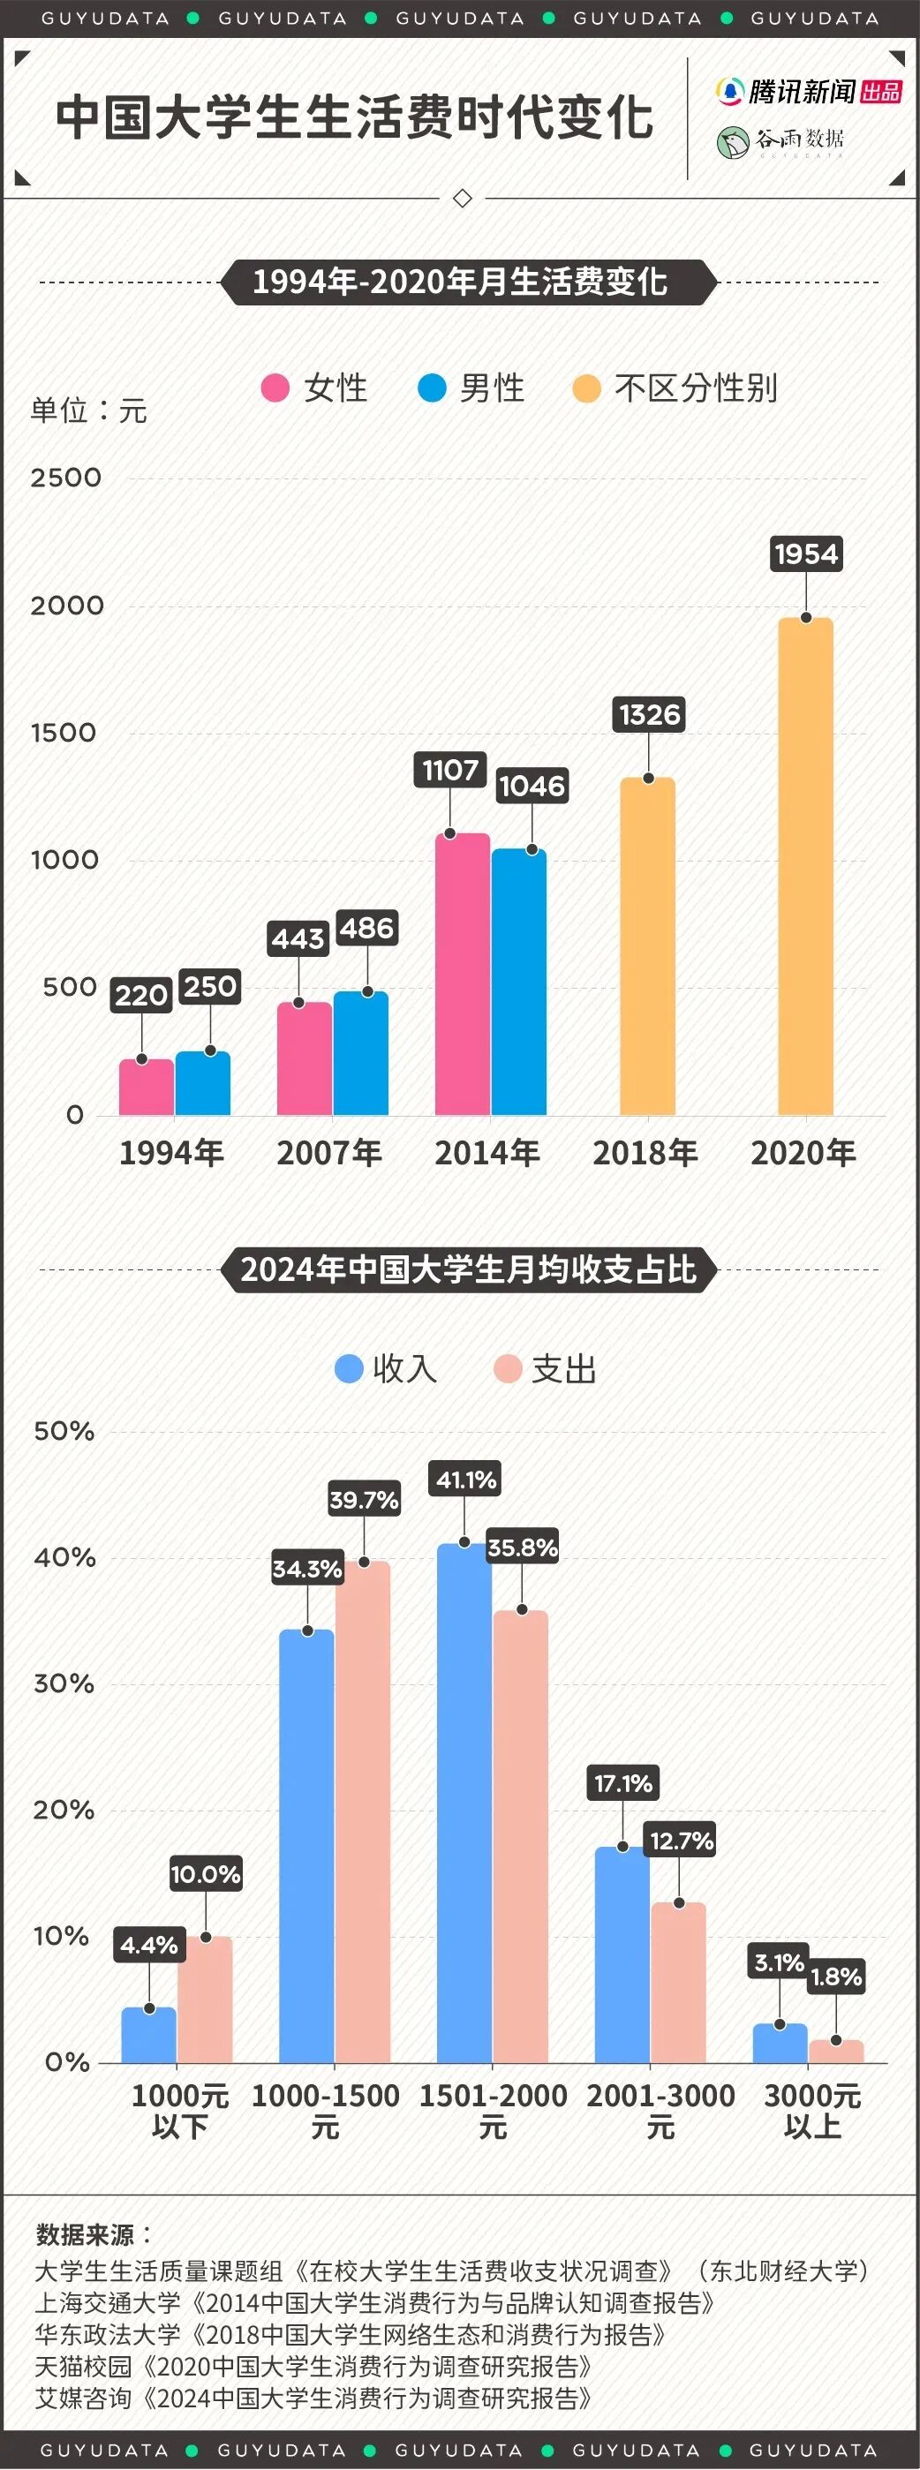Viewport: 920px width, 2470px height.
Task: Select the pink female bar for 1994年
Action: [x=146, y=1088]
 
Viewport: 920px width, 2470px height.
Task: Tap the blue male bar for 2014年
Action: [x=519, y=982]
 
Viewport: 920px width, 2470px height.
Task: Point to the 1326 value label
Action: [x=650, y=714]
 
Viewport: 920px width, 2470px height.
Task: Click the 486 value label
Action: [x=366, y=928]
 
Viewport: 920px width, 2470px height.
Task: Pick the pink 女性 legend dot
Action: [x=275, y=388]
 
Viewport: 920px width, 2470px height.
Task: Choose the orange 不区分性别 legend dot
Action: [x=585, y=388]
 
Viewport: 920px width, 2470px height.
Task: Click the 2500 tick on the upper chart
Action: [x=65, y=478]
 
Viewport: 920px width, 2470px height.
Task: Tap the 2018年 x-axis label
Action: [x=645, y=1153]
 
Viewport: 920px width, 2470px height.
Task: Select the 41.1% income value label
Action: [x=466, y=1480]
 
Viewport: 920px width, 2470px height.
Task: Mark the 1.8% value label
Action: [x=835, y=1977]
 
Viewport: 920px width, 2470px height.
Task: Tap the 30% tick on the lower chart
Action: [x=64, y=1683]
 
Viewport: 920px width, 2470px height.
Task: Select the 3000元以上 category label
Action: [x=811, y=2112]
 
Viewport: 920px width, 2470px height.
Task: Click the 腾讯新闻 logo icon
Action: [x=730, y=91]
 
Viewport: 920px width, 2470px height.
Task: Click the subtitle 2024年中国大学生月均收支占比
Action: [x=468, y=1269]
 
